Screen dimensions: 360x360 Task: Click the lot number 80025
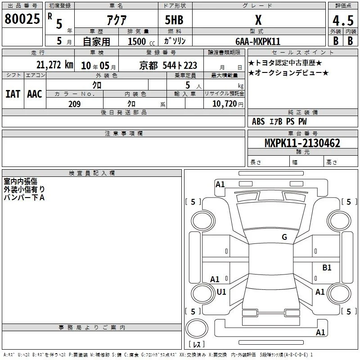point(22,19)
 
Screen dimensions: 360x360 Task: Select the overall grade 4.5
point(343,20)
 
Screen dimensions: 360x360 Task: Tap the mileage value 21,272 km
point(54,65)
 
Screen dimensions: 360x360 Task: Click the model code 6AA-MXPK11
point(258,41)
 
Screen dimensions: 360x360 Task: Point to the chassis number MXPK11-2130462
point(302,143)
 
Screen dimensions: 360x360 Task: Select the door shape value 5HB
point(174,20)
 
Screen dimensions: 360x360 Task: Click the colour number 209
point(74,104)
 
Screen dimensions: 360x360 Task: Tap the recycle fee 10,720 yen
point(228,104)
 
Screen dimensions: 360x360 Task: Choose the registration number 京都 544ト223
point(168,66)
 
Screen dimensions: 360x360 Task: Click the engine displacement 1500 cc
point(141,41)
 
